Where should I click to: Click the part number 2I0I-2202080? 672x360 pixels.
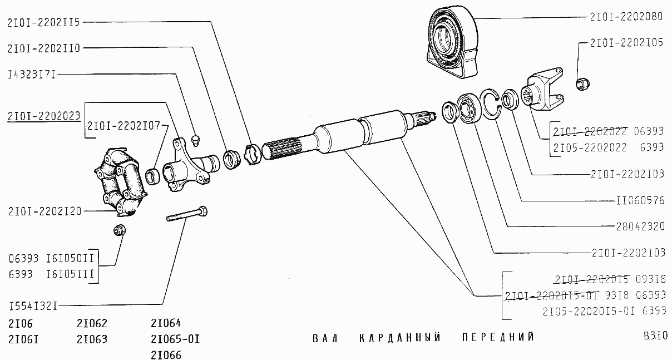tap(626, 17)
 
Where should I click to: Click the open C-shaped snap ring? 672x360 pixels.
tap(491, 104)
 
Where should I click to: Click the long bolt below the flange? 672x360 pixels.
tap(187, 215)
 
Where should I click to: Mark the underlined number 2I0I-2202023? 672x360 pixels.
tap(44, 116)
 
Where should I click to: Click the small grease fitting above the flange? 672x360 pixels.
tap(195, 138)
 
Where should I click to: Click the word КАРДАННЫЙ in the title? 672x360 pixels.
tap(400, 338)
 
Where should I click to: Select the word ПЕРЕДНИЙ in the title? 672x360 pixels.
tap(498, 338)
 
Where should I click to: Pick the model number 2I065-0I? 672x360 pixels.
tap(175, 339)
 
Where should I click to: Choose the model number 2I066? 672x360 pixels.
tap(166, 354)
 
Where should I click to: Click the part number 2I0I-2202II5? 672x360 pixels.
tap(44, 22)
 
